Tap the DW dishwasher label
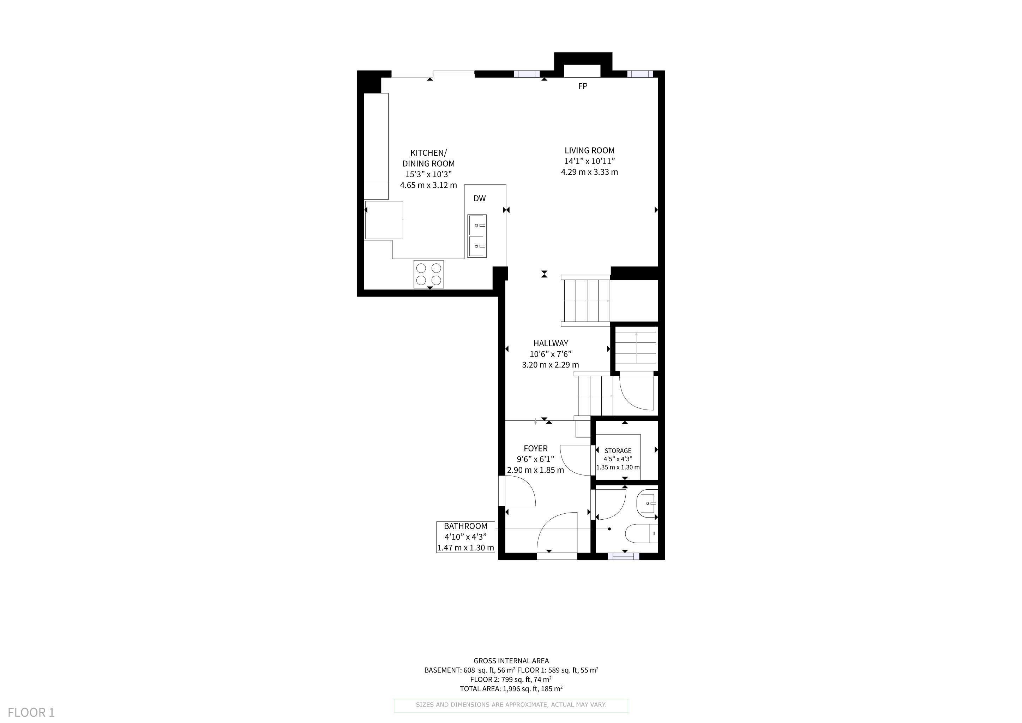tap(479, 198)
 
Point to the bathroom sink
tap(648, 503)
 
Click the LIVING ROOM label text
tap(589, 150)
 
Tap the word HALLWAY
tap(551, 343)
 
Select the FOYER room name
tap(535, 448)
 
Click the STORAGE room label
tap(618, 451)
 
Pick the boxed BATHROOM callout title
tap(465, 526)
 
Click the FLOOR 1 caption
tap(31, 712)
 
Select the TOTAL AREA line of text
tap(511, 689)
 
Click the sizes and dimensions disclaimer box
tap(511, 705)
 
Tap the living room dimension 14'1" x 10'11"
tap(589, 161)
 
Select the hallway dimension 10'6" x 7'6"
tap(551, 354)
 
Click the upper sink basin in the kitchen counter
tap(477, 225)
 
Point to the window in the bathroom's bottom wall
tap(623, 556)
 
